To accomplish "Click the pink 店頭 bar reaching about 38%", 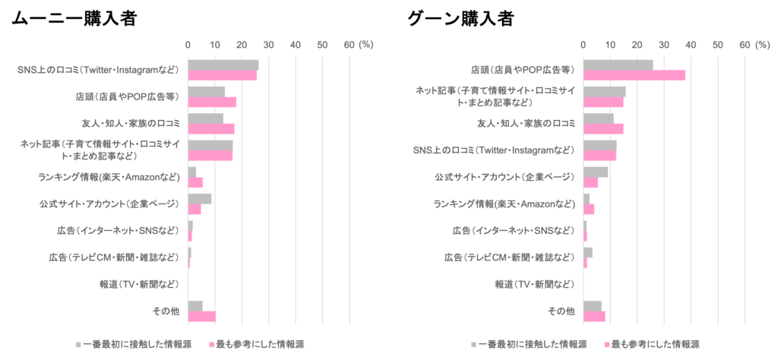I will click(x=634, y=75).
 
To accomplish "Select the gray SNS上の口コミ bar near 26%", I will click(x=223, y=65).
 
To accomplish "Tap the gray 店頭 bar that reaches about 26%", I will click(x=618, y=65).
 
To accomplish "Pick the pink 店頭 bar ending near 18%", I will click(x=212, y=102).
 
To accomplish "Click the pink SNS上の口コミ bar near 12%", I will click(x=599, y=155).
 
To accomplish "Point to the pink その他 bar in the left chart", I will click(x=202, y=315).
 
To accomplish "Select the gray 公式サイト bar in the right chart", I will click(x=596, y=172).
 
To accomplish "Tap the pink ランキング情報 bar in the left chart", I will click(x=195, y=182).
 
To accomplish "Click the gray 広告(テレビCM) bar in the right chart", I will click(x=588, y=251).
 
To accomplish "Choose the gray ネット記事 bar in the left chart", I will click(x=210, y=144).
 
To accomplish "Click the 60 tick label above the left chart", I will click(x=349, y=44).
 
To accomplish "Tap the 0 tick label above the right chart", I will click(x=583, y=44).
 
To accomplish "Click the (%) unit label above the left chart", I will click(x=366, y=44).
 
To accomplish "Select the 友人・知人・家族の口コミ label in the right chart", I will click(x=526, y=123).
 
